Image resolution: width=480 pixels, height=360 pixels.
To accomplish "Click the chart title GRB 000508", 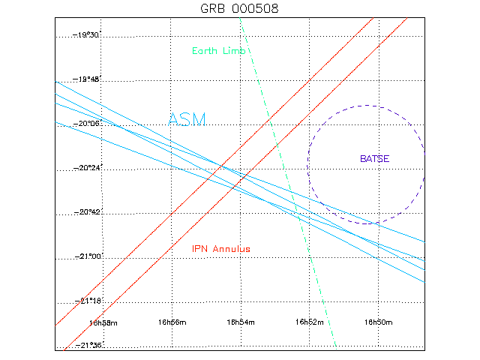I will click(240, 8).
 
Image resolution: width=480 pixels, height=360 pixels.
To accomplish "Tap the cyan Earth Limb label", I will click(220, 50).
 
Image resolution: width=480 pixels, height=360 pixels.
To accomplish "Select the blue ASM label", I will click(187, 119).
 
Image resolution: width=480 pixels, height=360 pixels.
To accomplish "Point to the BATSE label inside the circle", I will click(375, 158).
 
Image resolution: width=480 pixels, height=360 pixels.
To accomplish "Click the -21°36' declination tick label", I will click(85, 345).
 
